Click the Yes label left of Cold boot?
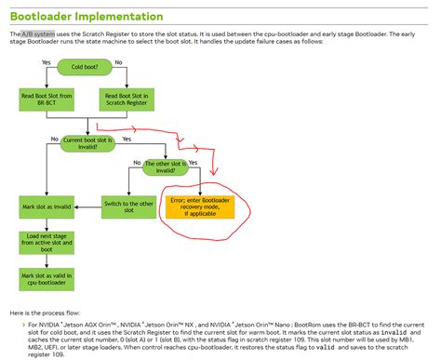(46, 61)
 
